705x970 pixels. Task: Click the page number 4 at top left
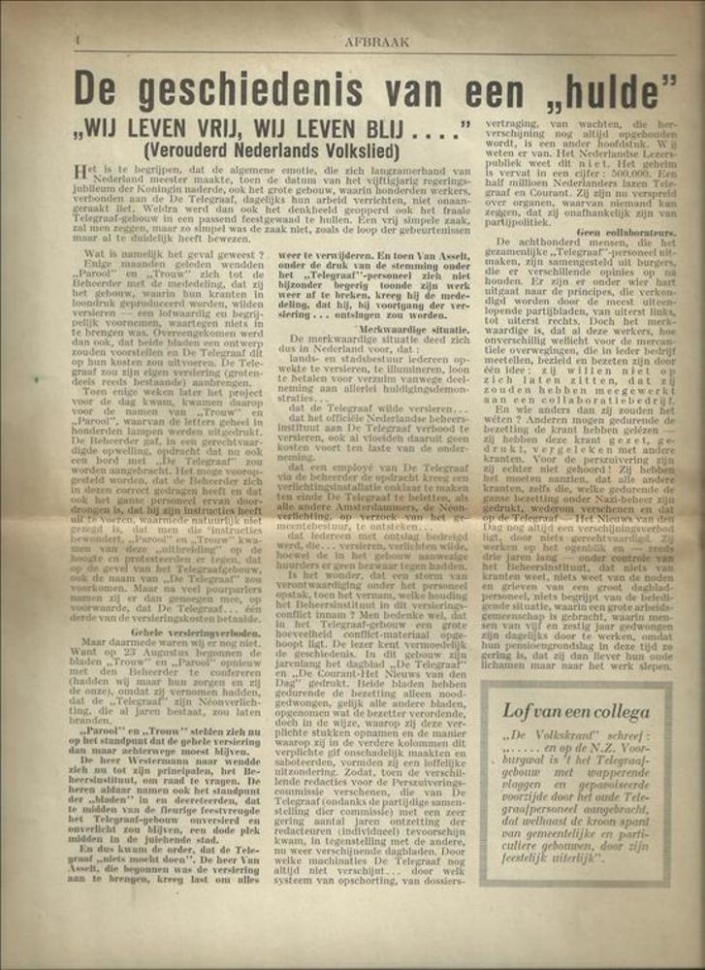pyautogui.click(x=76, y=42)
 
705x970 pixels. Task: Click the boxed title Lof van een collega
pyautogui.click(x=575, y=710)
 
